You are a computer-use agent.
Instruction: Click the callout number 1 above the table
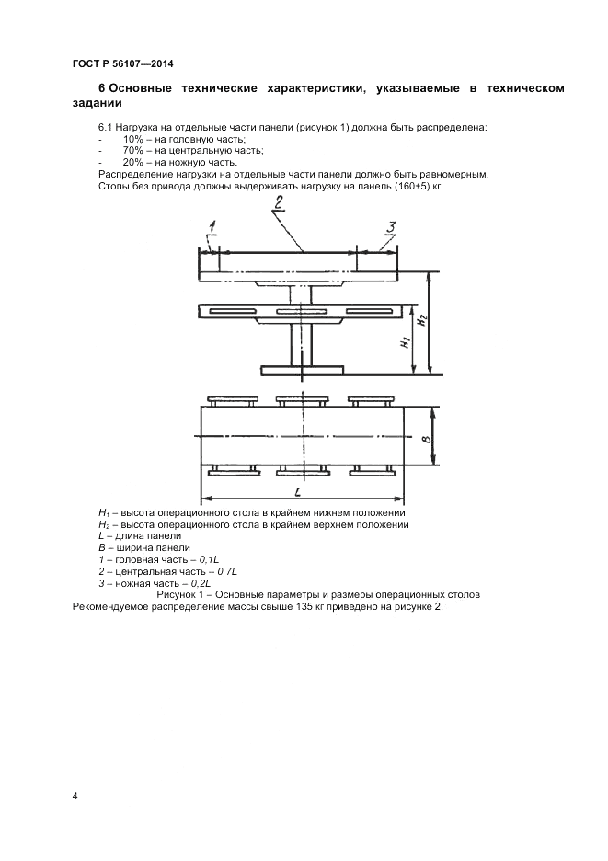[212, 225]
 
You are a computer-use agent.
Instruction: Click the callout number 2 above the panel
[277, 203]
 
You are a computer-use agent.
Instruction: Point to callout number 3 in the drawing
[390, 227]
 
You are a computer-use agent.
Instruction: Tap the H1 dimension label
[405, 344]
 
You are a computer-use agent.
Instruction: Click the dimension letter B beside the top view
[424, 441]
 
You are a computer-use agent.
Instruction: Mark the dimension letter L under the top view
[299, 492]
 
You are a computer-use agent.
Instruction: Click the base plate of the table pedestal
[302, 371]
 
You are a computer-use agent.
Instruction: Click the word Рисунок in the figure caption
[178, 595]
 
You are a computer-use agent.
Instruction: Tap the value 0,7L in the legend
[225, 571]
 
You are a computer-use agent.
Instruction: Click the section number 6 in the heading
[101, 87]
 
